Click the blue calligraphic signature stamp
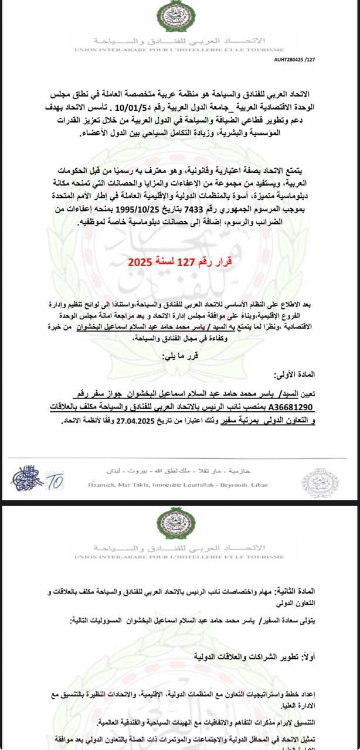point(28,480)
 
